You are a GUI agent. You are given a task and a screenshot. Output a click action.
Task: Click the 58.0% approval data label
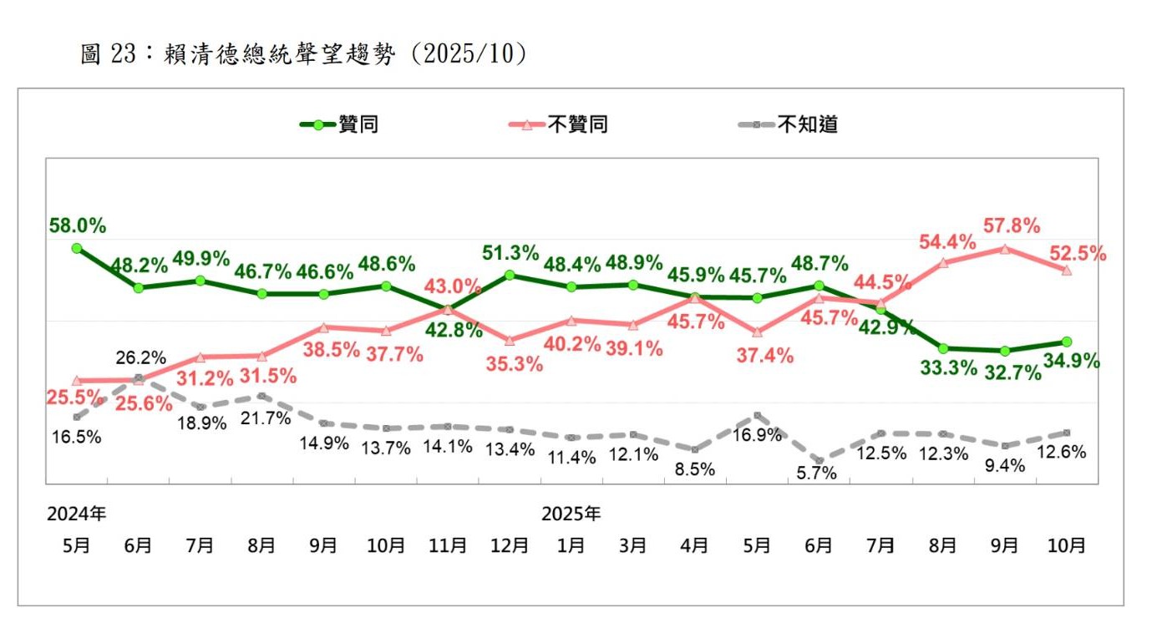[78, 225]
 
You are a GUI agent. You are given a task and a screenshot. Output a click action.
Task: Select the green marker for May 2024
[77, 248]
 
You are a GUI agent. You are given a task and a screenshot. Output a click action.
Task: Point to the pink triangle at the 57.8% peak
[1005, 248]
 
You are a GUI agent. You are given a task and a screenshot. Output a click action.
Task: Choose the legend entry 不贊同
[577, 125]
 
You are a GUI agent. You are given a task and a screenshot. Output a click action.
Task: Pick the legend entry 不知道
[807, 125]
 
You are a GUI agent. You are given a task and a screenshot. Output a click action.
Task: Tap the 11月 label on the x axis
[448, 545]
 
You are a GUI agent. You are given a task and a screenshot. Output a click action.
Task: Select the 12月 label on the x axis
[510, 545]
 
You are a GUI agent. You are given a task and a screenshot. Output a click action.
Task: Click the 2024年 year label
[76, 513]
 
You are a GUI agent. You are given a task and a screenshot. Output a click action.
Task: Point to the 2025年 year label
[571, 513]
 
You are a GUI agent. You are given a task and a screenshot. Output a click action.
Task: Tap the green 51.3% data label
[511, 253]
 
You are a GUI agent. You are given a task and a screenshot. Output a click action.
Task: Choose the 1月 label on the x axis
[571, 545]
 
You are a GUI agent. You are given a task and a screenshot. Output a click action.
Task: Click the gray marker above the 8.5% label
[695, 449]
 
